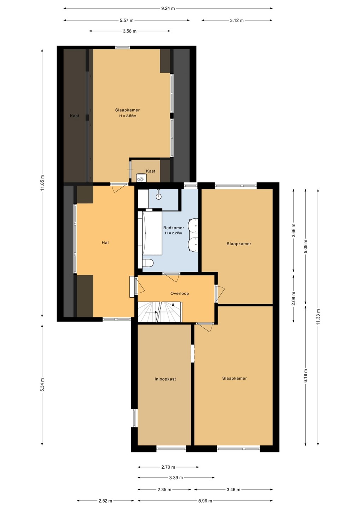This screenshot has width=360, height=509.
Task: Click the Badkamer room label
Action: [x=174, y=228]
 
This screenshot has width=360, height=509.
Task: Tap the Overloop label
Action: [x=180, y=293]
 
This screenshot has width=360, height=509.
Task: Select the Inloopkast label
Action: [x=165, y=379]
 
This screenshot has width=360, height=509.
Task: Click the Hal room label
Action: [x=105, y=242]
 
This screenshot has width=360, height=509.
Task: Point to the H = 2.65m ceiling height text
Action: [x=128, y=116]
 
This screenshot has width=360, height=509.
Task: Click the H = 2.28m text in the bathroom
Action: [x=174, y=233]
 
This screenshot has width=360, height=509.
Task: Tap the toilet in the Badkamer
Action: [x=148, y=263]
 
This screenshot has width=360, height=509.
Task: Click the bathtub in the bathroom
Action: [x=152, y=233]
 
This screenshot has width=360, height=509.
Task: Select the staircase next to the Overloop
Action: [x=159, y=312]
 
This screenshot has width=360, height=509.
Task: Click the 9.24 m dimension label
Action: [x=168, y=8]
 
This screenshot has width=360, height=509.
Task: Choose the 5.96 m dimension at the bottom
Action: [x=205, y=501]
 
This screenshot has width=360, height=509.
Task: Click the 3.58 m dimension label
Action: [x=130, y=31]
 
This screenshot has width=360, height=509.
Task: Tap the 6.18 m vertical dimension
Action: [x=306, y=375]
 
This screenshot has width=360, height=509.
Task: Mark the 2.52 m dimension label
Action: [x=105, y=501]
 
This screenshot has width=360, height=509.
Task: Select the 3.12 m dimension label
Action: [x=237, y=21]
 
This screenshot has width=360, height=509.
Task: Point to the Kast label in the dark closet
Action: [x=74, y=116]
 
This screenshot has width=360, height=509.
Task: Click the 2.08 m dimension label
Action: [x=294, y=299]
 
